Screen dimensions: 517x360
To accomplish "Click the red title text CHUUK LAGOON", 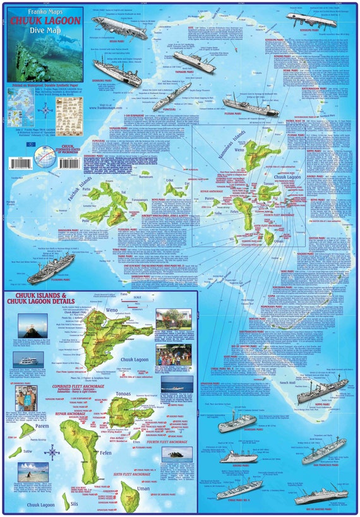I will coord(42,20).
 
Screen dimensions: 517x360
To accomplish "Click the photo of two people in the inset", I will coord(27,398).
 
